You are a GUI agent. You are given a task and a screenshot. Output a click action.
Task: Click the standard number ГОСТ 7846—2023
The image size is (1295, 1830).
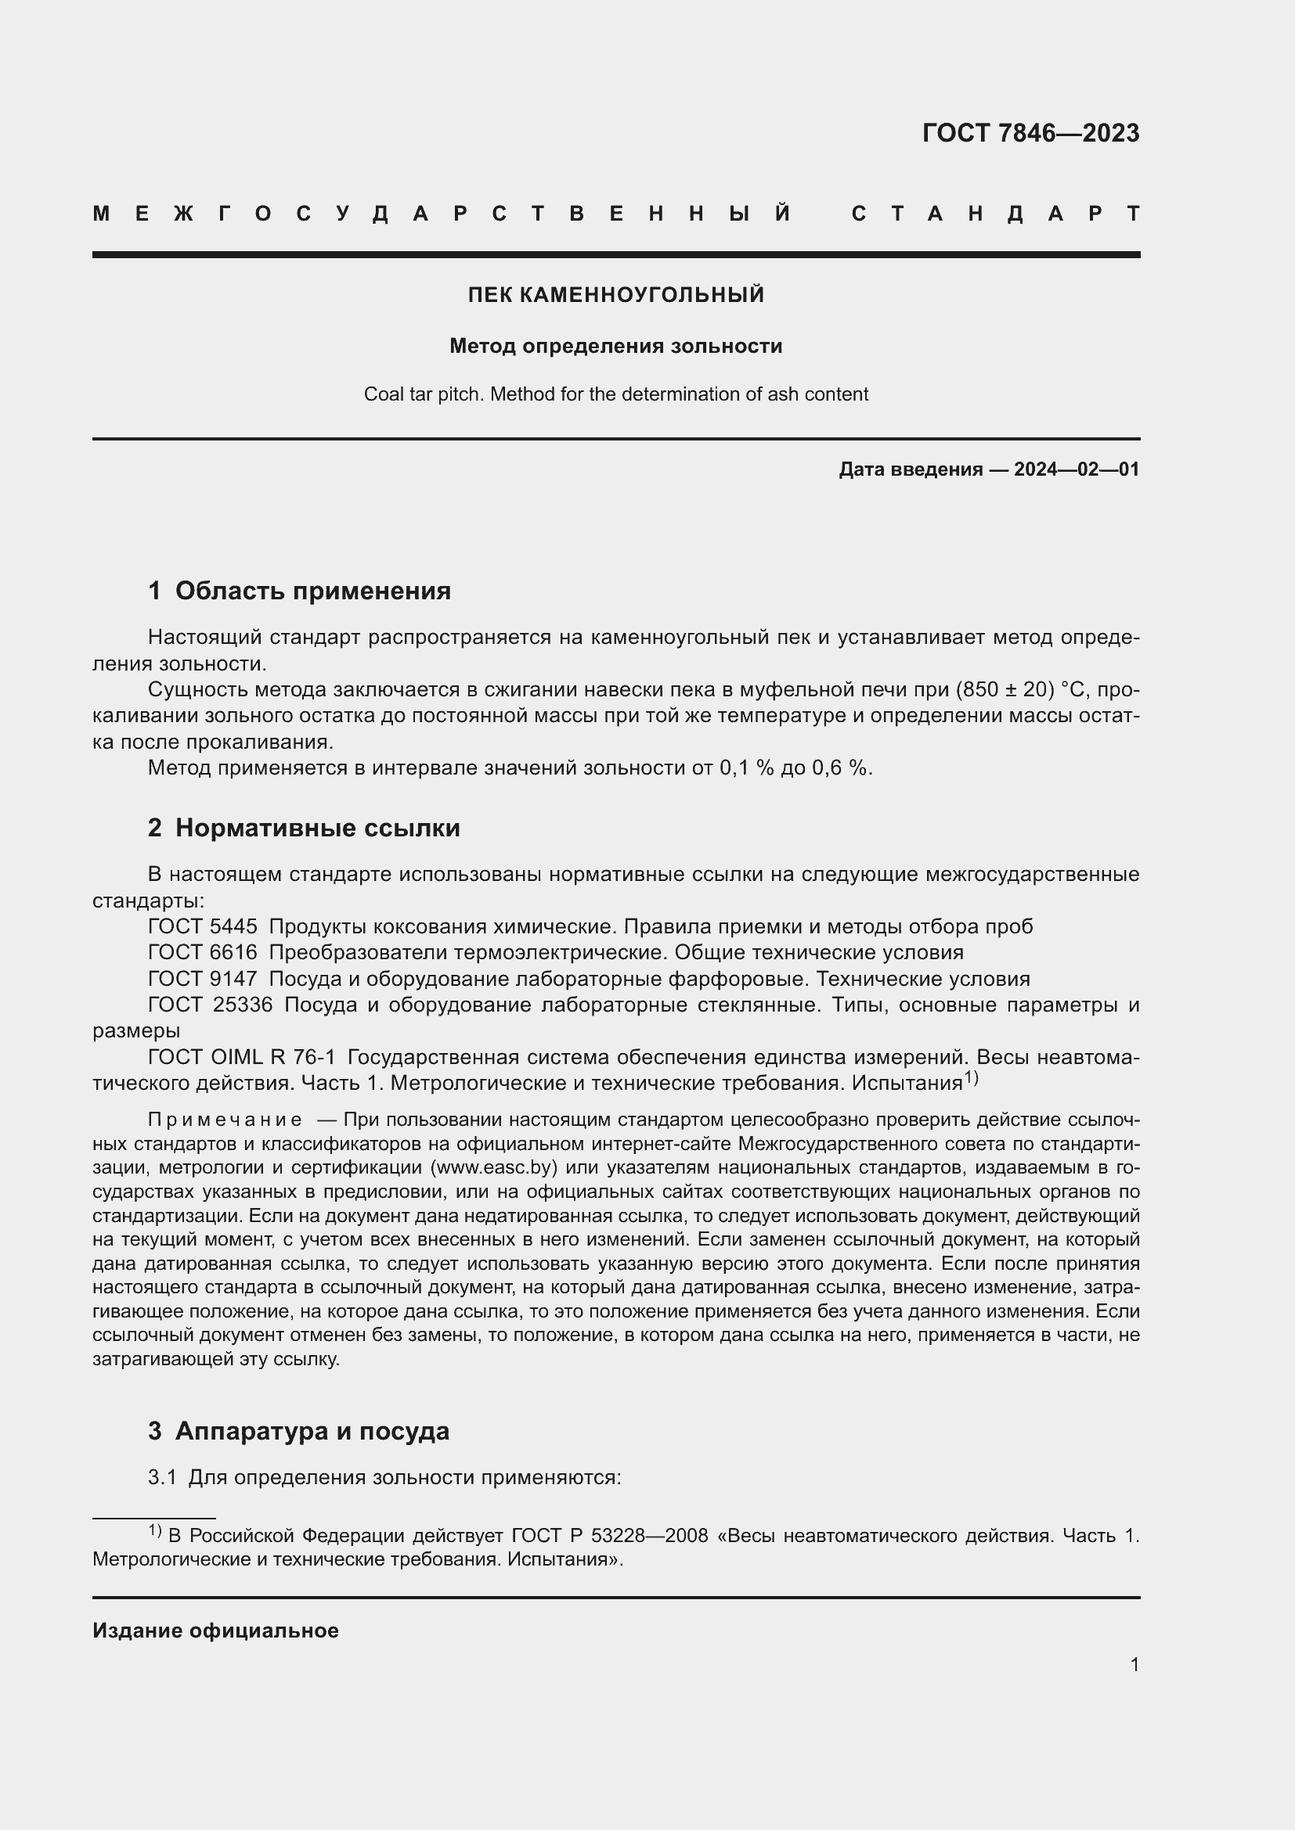pyautogui.click(x=1030, y=132)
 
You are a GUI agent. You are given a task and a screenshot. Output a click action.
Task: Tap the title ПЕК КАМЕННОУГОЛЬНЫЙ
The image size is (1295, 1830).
pyautogui.click(x=615, y=295)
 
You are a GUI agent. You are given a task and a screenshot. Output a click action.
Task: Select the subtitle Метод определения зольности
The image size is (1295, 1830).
pyautogui.click(x=615, y=346)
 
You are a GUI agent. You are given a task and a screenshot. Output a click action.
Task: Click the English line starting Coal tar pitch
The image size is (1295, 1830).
pyautogui.click(x=615, y=394)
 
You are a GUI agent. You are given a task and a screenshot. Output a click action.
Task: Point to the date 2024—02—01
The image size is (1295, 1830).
pyautogui.click(x=1077, y=469)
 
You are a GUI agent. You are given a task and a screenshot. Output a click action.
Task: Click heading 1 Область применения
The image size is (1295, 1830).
pyautogui.click(x=299, y=591)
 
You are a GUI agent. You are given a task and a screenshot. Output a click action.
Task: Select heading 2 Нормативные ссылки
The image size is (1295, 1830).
pyautogui.click(x=304, y=828)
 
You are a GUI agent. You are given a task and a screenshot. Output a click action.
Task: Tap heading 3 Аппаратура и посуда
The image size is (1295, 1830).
pyautogui.click(x=298, y=1431)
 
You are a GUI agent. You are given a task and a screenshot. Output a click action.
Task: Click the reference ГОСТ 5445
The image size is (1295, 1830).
pyautogui.click(x=203, y=926)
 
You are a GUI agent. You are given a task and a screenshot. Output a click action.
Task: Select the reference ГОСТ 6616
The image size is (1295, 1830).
pyautogui.click(x=203, y=952)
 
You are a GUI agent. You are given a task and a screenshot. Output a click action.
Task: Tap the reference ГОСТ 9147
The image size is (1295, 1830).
pyautogui.click(x=203, y=979)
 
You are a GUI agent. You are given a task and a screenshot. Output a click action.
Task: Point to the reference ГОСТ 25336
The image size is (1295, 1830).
pyautogui.click(x=210, y=1005)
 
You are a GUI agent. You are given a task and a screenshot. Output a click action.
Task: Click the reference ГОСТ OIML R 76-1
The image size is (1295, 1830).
pyautogui.click(x=242, y=1057)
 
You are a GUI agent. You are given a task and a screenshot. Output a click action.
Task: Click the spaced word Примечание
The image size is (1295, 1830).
pyautogui.click(x=225, y=1120)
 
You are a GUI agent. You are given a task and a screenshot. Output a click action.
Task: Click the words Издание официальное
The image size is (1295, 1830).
pyautogui.click(x=215, y=1630)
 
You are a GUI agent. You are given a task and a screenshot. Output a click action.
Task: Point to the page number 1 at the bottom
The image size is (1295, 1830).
pyautogui.click(x=1134, y=1664)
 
